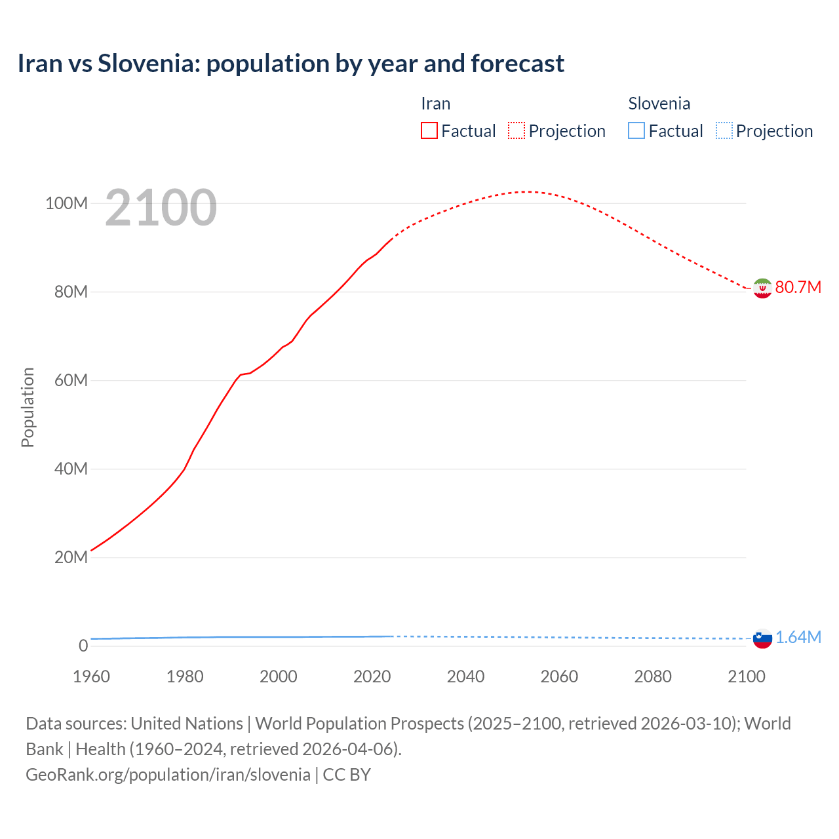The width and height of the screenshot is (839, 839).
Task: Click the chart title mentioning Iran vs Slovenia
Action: pos(290,64)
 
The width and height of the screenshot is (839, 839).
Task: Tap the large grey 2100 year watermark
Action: pos(161,208)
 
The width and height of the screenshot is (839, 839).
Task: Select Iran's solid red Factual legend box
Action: pos(429,130)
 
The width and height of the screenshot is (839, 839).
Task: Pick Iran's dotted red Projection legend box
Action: pos(517,130)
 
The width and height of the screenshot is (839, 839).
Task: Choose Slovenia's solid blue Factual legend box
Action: pos(636,130)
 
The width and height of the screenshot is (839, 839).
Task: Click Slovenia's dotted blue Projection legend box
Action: pos(724,130)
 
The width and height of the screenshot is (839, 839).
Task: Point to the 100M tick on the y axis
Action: pos(66,203)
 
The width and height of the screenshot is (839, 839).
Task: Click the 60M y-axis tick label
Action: pos(70,380)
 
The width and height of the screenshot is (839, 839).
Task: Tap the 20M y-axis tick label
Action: pos(70,557)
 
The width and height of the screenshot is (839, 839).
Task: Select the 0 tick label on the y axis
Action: pos(83,646)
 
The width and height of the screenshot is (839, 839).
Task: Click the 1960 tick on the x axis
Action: pos(91,676)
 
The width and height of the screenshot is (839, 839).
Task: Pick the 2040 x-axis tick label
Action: pos(465,676)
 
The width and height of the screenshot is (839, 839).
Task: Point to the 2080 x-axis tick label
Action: pos(653,676)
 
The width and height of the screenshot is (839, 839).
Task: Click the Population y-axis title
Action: pos(28,407)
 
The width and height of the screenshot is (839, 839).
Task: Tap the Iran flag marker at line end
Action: pos(762,288)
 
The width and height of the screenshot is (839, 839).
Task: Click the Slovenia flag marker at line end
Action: pos(762,638)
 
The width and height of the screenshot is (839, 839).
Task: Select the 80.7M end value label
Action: pos(798,288)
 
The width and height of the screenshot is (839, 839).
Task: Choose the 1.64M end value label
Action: pos(798,638)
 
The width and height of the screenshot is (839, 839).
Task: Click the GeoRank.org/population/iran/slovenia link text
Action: pos(168,775)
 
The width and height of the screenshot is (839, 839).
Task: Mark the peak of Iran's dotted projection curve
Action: pos(526,191)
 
